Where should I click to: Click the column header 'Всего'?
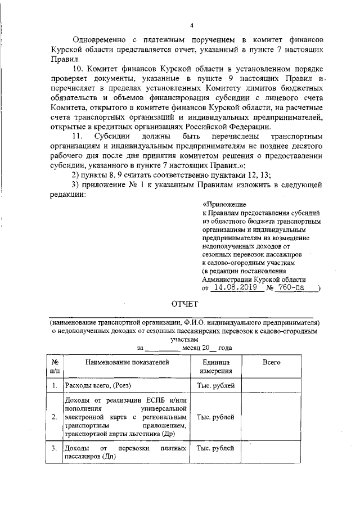[271, 363]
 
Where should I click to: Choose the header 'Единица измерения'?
[216, 367]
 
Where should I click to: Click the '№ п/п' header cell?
[53, 367]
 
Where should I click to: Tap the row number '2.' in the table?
[53, 417]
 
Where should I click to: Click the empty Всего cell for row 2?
[271, 417]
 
